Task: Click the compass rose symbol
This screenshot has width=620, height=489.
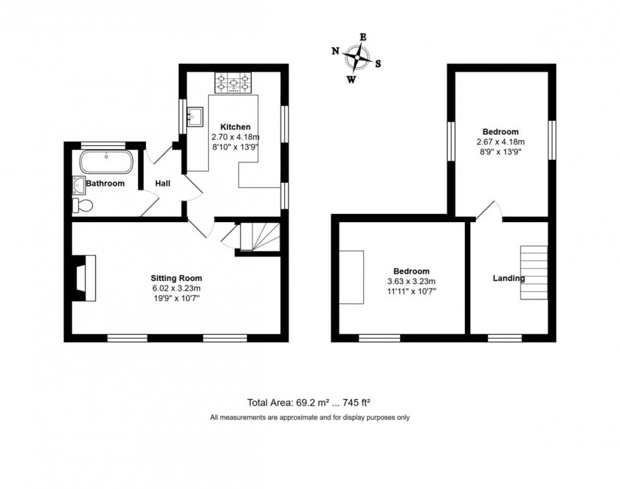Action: [x=357, y=58]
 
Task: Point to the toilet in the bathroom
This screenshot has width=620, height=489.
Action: [x=84, y=205]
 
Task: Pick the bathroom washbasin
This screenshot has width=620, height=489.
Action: [x=79, y=184]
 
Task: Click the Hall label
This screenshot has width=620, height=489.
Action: [x=163, y=183]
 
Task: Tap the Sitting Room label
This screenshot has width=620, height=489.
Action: [x=176, y=278]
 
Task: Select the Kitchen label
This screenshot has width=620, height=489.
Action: [x=235, y=127]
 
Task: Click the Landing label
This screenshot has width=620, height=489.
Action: [x=509, y=278]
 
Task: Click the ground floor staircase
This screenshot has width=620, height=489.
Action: [x=258, y=236]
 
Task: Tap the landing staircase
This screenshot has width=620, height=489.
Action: [x=533, y=272]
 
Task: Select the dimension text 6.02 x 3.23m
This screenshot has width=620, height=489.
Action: [x=176, y=288]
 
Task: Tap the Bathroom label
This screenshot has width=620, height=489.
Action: [x=105, y=183]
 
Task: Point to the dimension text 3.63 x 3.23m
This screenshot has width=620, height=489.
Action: [x=411, y=282]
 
